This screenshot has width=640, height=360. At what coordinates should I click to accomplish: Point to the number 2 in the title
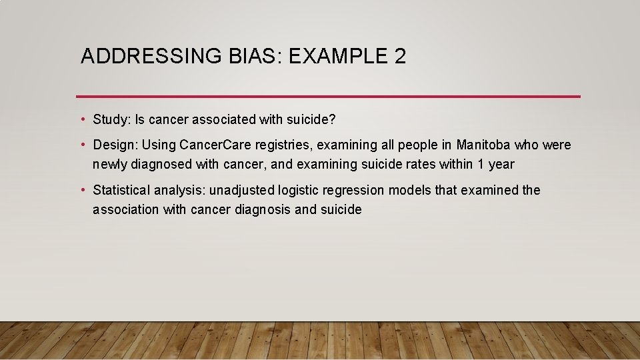pos(399,57)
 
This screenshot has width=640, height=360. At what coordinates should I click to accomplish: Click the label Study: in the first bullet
pos(112,119)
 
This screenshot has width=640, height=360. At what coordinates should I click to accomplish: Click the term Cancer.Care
pos(214,145)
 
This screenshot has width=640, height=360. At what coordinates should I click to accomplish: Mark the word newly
pos(109,164)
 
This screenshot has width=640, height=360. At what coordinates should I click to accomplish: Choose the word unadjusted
pos(241,190)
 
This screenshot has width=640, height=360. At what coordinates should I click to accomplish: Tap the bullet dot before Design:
pos(83,145)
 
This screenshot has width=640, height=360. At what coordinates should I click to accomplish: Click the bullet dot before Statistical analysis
pos(83,190)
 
